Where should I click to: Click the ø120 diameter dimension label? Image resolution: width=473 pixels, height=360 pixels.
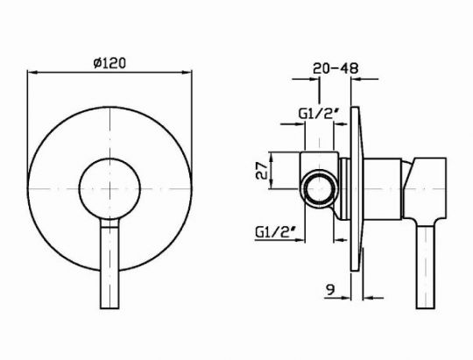pyautogui.click(x=109, y=63)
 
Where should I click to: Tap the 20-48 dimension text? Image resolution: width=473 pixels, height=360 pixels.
pyautogui.click(x=335, y=68)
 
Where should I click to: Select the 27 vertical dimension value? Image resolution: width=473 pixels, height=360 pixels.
pyautogui.click(x=262, y=171)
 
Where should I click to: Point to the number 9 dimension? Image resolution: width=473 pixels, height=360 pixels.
pyautogui.click(x=330, y=290)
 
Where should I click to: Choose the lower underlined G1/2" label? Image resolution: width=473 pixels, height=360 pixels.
pyautogui.click(x=275, y=232)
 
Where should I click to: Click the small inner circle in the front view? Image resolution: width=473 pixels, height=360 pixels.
pyautogui.click(x=109, y=188)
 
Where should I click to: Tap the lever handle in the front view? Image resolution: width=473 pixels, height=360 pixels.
pyautogui.click(x=109, y=264)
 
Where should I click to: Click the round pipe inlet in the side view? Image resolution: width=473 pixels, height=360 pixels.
pyautogui.click(x=320, y=189)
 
